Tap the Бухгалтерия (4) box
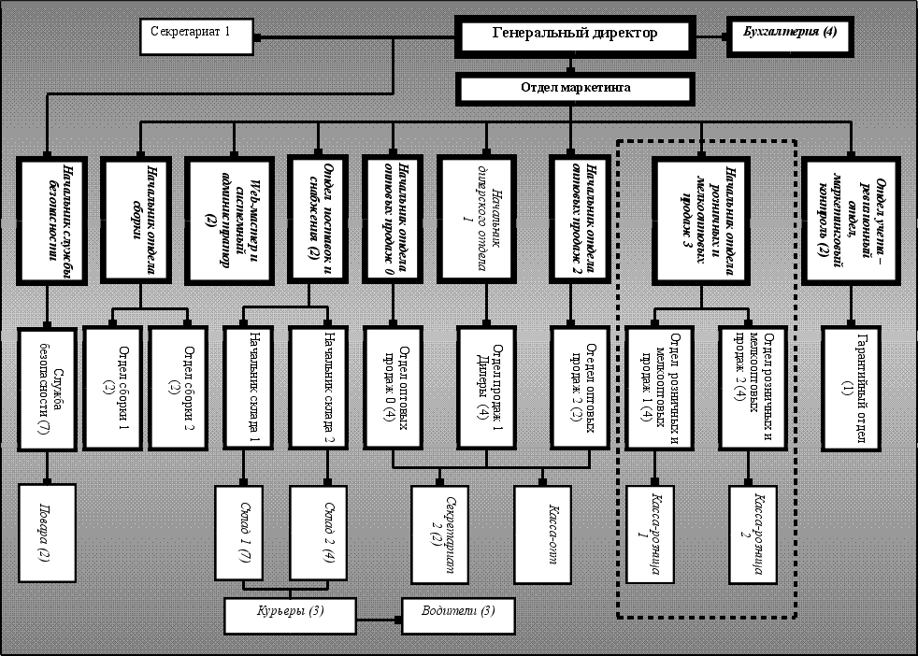(789, 36)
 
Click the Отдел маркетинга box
(575, 90)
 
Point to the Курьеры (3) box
(291, 613)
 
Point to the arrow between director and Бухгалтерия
(709, 37)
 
